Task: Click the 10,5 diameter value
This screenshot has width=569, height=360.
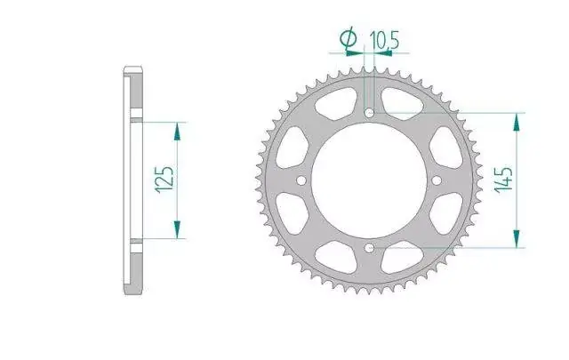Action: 384,40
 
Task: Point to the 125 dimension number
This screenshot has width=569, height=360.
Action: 164,180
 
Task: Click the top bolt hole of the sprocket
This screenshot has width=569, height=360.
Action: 370,113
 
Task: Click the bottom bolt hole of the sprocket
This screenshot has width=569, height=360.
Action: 370,248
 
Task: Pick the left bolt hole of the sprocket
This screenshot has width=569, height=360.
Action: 301,180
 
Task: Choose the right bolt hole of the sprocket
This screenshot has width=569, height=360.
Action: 437,180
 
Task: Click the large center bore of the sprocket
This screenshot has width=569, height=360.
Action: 369,180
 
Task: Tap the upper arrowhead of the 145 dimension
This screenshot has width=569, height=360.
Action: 517,122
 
